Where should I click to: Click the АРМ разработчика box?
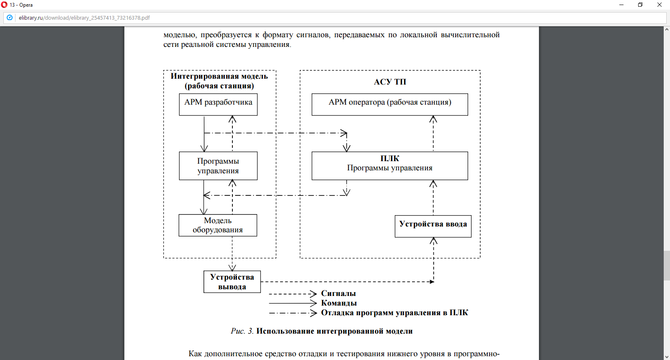[218, 104]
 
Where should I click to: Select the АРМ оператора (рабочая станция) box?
[389, 104]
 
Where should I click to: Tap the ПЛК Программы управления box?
[389, 166]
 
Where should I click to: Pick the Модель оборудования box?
[218, 225]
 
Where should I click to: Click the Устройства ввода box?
[433, 226]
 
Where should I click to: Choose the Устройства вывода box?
[232, 282]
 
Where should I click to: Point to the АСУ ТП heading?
[390, 82]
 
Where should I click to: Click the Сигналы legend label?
[338, 293]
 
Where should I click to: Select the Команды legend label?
[339, 303]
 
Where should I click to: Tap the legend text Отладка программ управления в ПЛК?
[394, 313]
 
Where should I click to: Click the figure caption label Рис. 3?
[242, 331]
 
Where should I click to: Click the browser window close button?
[660, 5]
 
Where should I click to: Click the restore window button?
[640, 5]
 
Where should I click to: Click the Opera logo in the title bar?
[5, 5]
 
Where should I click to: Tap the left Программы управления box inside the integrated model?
[218, 166]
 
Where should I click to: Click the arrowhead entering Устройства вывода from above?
[232, 267]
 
